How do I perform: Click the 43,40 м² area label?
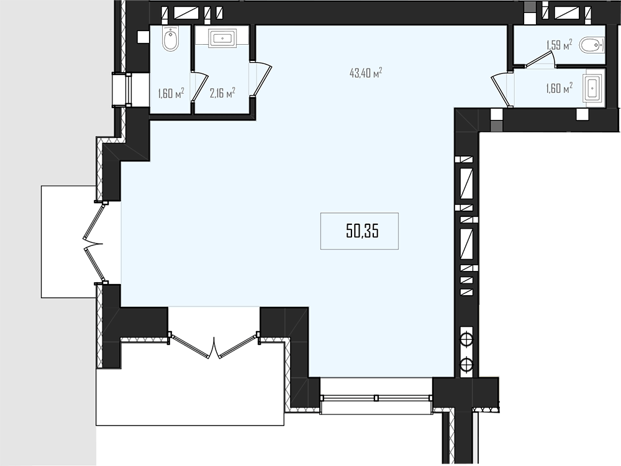[x=366, y=73]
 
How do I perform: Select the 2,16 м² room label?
[x=222, y=93]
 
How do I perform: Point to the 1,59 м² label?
[x=560, y=45]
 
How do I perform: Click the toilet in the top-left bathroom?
[x=171, y=39]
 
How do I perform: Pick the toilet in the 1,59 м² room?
[x=592, y=45]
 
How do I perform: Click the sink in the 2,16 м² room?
[x=222, y=38]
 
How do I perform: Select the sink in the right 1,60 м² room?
[x=593, y=88]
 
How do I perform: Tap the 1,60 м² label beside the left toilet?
[x=171, y=94]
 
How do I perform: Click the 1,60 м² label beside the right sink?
[x=560, y=88]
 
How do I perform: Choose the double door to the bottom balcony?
[x=214, y=345]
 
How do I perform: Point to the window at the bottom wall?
[x=376, y=398]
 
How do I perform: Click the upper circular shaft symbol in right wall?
[x=466, y=339]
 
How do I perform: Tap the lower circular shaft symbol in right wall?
[x=466, y=363]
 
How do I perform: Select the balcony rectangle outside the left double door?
[x=69, y=242]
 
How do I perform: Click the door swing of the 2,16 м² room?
[x=261, y=79]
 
